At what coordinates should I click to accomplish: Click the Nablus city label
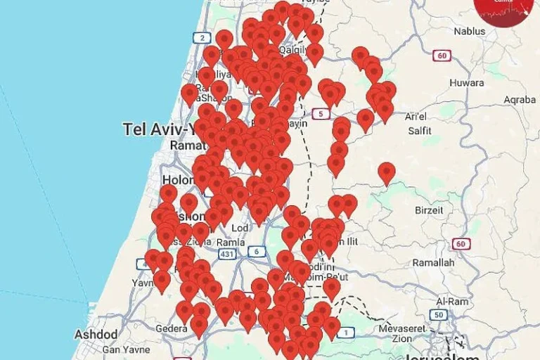(x=469, y=32)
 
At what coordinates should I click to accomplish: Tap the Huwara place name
(x=466, y=83)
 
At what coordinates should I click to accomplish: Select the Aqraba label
(x=520, y=100)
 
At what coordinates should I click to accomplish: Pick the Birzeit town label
(x=429, y=210)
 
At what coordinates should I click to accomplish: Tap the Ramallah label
(x=433, y=263)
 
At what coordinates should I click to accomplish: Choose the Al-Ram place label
(x=452, y=301)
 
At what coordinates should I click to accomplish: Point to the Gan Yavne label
(x=126, y=349)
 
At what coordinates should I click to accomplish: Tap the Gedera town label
(x=172, y=328)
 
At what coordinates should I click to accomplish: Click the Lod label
(x=240, y=229)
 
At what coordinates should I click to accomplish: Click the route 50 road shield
(x=439, y=315)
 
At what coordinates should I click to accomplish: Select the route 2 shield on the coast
(x=202, y=38)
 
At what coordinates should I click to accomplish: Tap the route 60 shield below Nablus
(x=442, y=56)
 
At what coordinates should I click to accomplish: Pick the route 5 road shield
(x=321, y=115)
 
